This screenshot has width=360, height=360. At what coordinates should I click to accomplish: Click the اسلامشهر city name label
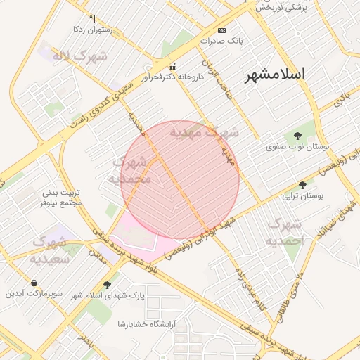pyautogui.click(x=274, y=75)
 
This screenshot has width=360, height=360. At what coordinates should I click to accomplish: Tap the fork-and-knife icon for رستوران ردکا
pyautogui.click(x=93, y=18)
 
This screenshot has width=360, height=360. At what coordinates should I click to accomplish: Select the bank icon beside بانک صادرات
pyautogui.click(x=222, y=30)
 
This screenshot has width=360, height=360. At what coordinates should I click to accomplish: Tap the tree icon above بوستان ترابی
pyautogui.click(x=302, y=186)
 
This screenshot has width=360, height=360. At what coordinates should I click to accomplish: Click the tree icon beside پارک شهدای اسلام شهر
pyautogui.click(x=107, y=285)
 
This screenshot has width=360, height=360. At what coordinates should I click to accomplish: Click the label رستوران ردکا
pyautogui.click(x=93, y=30)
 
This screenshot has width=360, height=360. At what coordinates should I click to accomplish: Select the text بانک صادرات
pyautogui.click(x=220, y=41)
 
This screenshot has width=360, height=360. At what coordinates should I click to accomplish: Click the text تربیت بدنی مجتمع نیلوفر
pyautogui.click(x=63, y=197)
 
